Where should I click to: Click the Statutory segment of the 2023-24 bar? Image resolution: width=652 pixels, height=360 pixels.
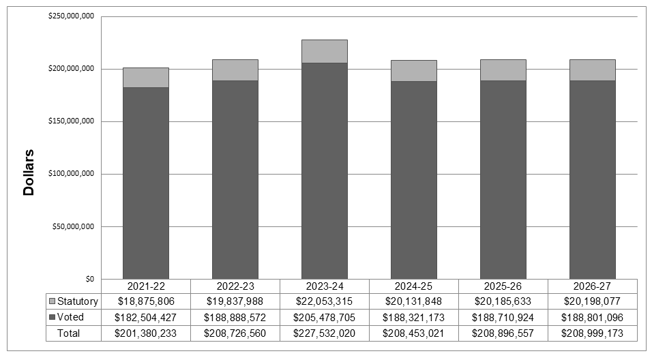[x=324, y=51]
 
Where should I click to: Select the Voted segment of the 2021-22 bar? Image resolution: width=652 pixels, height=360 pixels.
[x=145, y=183]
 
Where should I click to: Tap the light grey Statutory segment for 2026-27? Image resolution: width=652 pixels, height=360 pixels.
[x=592, y=70]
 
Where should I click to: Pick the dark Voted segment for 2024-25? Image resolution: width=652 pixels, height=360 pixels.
[x=413, y=180]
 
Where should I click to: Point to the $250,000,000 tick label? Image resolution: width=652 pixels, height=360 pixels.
[x=71, y=16]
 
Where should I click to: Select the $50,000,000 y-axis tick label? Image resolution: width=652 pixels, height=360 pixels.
[x=73, y=226]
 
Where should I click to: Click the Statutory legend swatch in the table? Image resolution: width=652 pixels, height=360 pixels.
[x=52, y=301]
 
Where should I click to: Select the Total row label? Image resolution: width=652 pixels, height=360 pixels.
[x=69, y=333]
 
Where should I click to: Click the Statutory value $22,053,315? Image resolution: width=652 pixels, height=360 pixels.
[x=324, y=301]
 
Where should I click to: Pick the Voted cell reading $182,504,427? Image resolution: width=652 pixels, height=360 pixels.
[x=145, y=317]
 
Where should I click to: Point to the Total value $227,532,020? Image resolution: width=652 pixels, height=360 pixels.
[x=324, y=333]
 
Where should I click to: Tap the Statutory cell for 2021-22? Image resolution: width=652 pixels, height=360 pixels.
[x=145, y=301]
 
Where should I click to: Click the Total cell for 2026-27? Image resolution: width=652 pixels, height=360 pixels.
[x=592, y=333]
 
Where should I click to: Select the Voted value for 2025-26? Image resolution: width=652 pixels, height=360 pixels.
[x=503, y=317]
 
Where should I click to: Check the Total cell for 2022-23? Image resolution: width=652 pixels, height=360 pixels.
[x=235, y=333]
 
